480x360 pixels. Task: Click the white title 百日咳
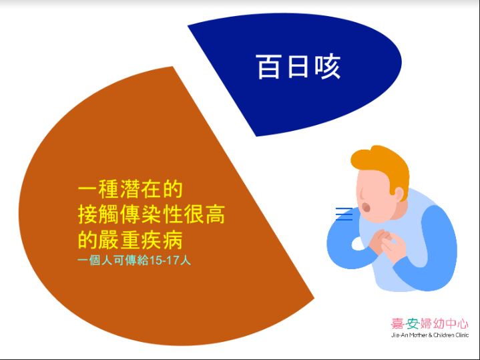point(298,67)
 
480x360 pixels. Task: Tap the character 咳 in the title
point(327,67)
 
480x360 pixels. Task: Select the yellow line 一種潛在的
point(130,189)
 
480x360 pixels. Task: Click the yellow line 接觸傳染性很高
point(152,214)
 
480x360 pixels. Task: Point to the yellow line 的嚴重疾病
point(130,240)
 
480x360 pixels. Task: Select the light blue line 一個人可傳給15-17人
point(134,260)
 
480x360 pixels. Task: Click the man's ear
point(399,194)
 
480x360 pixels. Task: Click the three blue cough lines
point(344,214)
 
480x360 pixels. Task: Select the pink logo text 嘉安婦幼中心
point(429,323)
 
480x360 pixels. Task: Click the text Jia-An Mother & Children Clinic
point(430,335)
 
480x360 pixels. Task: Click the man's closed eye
point(363,194)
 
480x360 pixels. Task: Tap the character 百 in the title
point(269,67)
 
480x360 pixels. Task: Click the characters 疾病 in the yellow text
point(162,240)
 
